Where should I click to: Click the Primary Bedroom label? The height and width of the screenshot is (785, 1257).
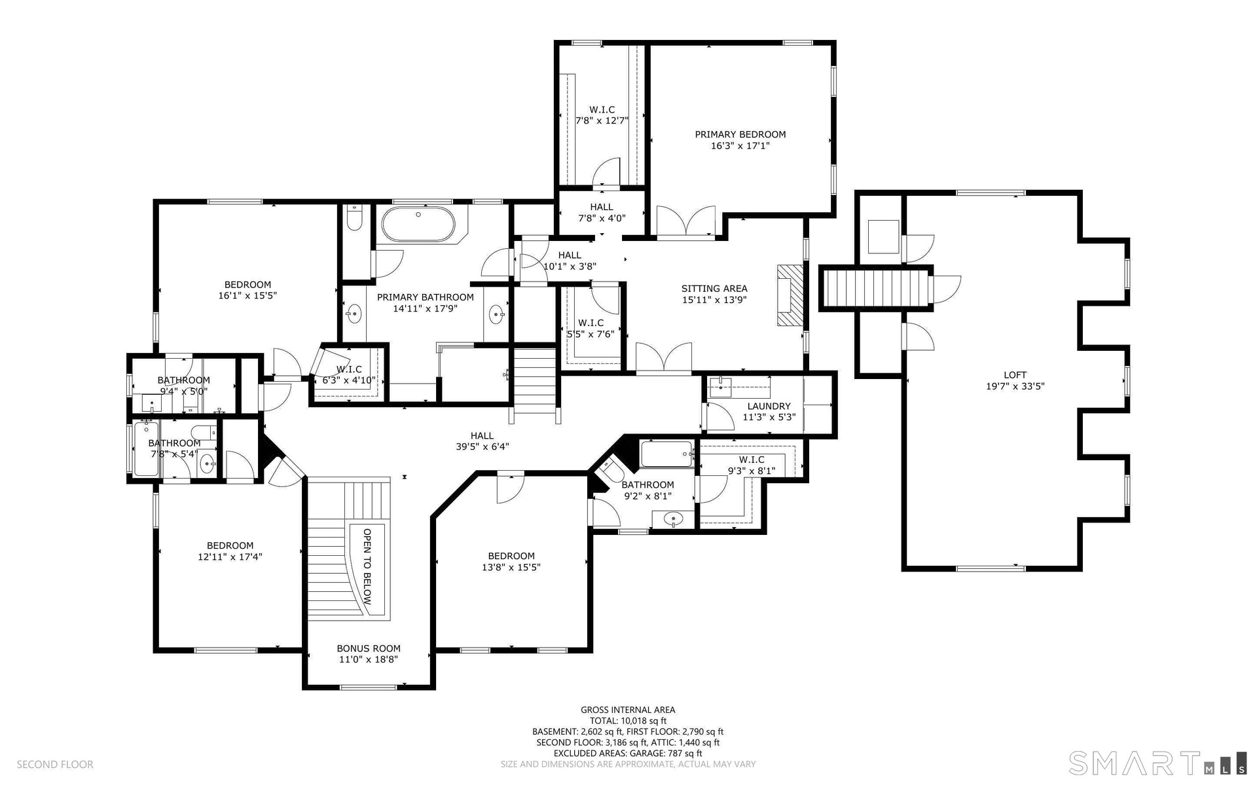[740, 134]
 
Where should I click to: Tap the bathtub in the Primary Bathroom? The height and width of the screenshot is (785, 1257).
[418, 225]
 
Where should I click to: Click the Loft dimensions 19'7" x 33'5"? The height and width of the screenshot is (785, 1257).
[1015, 386]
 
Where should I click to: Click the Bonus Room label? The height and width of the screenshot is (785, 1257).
[369, 648]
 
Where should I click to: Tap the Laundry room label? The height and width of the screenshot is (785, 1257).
[769, 406]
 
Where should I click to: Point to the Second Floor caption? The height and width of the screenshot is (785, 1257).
[55, 764]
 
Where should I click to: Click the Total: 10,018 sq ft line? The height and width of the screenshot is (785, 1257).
[628, 721]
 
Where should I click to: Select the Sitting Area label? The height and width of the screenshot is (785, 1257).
[714, 288]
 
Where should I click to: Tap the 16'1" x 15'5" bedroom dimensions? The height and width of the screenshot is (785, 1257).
[247, 295]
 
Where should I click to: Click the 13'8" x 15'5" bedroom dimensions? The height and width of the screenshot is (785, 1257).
[511, 567]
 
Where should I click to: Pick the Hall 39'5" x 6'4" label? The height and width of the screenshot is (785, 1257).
[482, 441]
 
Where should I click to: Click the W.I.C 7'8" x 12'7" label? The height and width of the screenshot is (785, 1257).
[602, 115]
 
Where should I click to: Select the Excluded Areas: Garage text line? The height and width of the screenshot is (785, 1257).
[628, 753]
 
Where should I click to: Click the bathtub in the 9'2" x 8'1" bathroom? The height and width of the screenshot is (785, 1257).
[666, 454]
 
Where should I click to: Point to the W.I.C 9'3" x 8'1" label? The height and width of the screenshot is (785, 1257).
[751, 465]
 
